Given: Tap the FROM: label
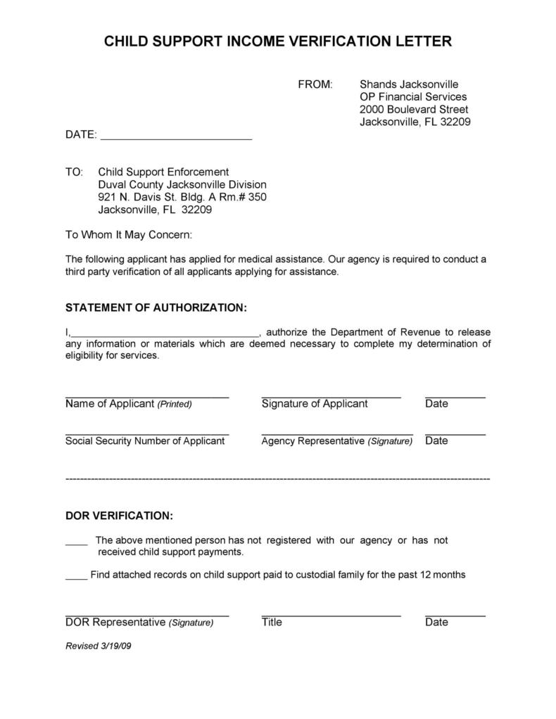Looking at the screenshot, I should pyautogui.click(x=315, y=84).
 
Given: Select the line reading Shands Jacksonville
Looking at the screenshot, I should pyautogui.click(x=409, y=84).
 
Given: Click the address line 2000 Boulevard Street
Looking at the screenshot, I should pyautogui.click(x=413, y=110).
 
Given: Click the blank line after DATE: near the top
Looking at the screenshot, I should pyautogui.click(x=176, y=136).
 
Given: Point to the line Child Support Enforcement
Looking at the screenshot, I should pyautogui.click(x=163, y=172).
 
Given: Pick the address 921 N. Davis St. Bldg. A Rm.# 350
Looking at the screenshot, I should pyautogui.click(x=182, y=197).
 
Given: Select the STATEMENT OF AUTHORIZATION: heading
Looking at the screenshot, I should pyautogui.click(x=156, y=308).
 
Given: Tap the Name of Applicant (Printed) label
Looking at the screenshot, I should pyautogui.click(x=128, y=404).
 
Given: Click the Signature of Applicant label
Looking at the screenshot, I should pyautogui.click(x=314, y=404).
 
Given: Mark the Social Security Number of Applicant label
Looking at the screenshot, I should pyautogui.click(x=145, y=441).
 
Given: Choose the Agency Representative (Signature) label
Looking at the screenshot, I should pyautogui.click(x=336, y=441).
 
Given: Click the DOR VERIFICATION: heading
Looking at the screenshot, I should pyautogui.click(x=119, y=516).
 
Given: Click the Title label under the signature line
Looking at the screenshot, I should pyautogui.click(x=272, y=622).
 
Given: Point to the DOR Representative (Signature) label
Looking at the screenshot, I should pyautogui.click(x=139, y=622).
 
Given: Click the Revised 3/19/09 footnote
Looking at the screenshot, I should pyautogui.click(x=99, y=646).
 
